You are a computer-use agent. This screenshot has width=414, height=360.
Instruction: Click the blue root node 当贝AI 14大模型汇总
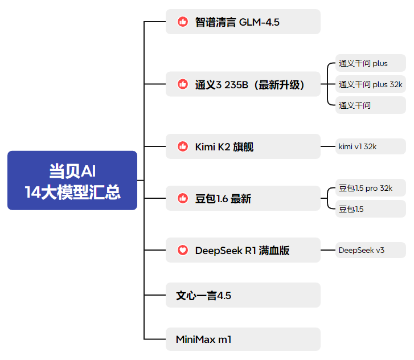[72, 181]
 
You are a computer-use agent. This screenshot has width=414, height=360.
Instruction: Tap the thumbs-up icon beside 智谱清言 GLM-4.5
[183, 22]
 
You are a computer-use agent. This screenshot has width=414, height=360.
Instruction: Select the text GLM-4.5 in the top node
[259, 22]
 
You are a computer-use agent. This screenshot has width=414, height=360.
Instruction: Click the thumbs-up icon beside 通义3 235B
[183, 84]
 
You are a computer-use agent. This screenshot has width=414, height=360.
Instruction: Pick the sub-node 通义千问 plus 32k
[370, 84]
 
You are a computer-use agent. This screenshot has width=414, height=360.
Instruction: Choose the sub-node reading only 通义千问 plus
[370, 63]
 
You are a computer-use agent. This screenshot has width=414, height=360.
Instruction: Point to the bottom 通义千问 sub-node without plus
[370, 105]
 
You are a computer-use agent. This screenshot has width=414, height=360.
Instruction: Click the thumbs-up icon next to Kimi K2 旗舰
[183, 146]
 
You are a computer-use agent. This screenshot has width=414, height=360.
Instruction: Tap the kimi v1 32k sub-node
[370, 146]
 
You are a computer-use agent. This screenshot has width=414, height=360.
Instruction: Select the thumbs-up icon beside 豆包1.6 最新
[183, 198]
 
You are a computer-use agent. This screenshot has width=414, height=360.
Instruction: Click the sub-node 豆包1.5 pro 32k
[370, 188]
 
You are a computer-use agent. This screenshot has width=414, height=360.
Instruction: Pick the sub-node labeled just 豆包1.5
[370, 209]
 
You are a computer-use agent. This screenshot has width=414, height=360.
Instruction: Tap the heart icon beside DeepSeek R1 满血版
[183, 250]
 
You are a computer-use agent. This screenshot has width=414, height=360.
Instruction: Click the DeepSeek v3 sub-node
[370, 250]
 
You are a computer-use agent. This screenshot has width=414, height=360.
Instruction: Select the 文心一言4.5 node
[243, 295]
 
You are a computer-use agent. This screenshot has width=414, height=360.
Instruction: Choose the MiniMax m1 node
[243, 339]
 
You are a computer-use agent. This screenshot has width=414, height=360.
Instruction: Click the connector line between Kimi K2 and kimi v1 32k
[328, 146]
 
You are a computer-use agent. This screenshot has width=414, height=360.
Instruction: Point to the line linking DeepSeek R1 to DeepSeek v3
[328, 250]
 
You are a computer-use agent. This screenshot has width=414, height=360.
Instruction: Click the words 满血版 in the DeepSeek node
[274, 251]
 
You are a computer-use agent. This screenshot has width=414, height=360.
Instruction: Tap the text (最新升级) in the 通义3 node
[279, 85]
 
